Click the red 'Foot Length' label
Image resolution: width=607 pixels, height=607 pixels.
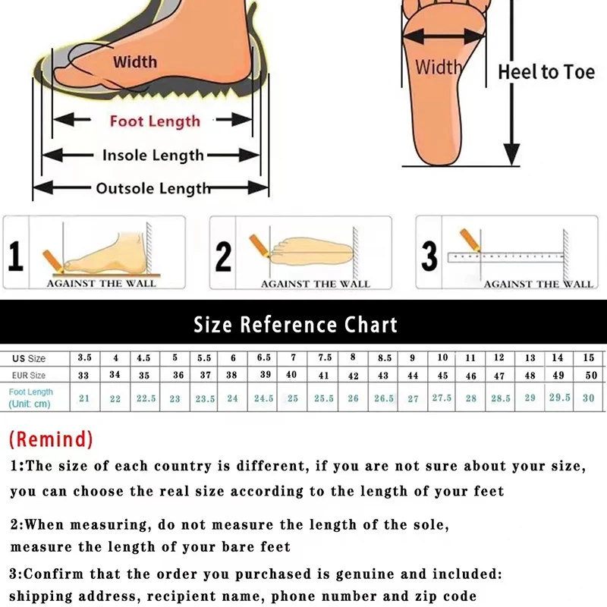click(155, 121)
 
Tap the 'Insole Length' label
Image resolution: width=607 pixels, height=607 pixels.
click(153, 156)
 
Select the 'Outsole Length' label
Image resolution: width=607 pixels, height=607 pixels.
click(153, 188)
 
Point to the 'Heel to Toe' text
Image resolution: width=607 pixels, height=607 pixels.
click(546, 72)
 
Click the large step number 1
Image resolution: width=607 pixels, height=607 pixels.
click(16, 256)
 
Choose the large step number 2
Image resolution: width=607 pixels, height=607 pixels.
click(223, 256)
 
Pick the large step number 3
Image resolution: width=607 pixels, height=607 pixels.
click(429, 256)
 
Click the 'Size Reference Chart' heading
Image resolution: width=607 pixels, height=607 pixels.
click(295, 325)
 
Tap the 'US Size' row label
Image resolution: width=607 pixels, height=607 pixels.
click(27, 358)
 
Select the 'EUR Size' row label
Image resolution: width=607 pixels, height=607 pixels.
click(27, 375)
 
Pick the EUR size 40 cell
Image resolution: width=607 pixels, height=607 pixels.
click(292, 375)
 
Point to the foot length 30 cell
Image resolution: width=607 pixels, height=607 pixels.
click(588, 398)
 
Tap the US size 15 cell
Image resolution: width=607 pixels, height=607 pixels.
click(588, 357)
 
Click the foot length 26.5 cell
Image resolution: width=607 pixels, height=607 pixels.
click(383, 398)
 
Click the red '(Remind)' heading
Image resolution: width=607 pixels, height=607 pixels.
click(51, 439)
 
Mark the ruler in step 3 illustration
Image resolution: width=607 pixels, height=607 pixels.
click(505, 257)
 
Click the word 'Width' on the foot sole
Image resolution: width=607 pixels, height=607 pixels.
click(438, 67)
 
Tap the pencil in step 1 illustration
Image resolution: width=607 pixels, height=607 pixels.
click(52, 258)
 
